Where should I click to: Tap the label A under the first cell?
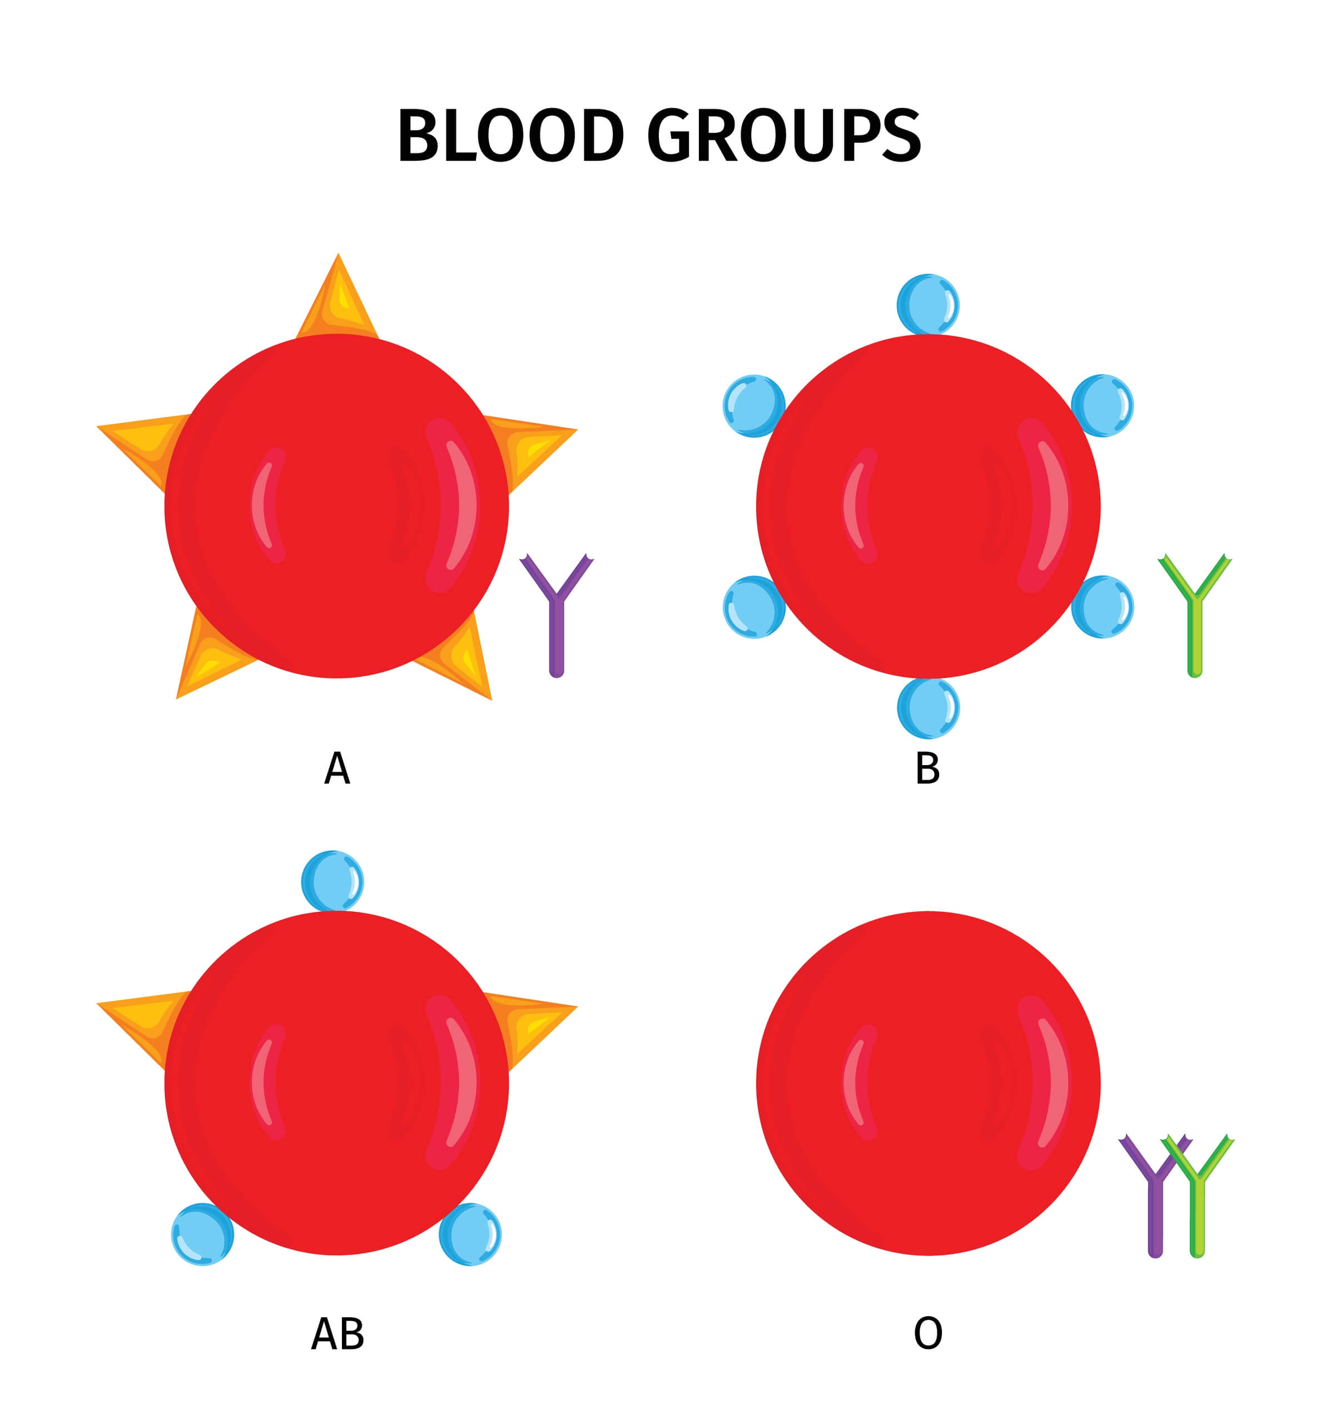click(x=336, y=768)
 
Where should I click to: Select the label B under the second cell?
click(x=928, y=768)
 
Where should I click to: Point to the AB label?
click(x=337, y=1334)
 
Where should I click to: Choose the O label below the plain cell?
click(x=928, y=1334)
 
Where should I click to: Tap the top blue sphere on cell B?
click(x=928, y=304)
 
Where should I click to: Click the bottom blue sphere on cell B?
click(x=928, y=708)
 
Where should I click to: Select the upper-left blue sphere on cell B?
click(x=753, y=405)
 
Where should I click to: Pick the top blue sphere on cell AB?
click(x=332, y=881)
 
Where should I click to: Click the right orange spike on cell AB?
click(x=535, y=1020)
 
